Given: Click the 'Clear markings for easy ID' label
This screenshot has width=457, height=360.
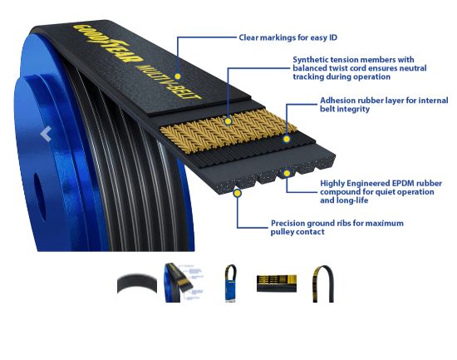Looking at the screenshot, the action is pyautogui.click(x=288, y=37).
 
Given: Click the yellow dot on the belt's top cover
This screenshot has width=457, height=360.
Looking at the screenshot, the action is pyautogui.click(x=178, y=76).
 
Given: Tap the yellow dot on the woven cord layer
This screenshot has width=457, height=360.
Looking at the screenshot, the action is pyautogui.click(x=228, y=121).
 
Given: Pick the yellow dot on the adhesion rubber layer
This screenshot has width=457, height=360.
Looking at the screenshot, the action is pyautogui.click(x=287, y=139).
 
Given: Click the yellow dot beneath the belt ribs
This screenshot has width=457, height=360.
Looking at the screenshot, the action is pyautogui.click(x=238, y=193).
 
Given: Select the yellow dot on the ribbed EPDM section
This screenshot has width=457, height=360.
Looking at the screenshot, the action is pyautogui.click(x=287, y=174).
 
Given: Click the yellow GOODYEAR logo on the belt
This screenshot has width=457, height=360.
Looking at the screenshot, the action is pyautogui.click(x=108, y=43).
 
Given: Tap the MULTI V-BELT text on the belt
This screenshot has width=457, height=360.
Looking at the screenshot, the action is pyautogui.click(x=169, y=81).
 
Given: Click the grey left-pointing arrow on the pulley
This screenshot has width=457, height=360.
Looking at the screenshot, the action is pyautogui.click(x=46, y=134).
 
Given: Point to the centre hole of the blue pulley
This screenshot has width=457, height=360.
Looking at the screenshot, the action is pyautogui.click(x=40, y=197).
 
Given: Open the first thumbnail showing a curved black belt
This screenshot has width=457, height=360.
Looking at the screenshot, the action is pyautogui.click(x=137, y=284).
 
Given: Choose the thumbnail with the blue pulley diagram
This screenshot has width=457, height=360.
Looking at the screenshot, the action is pyautogui.click(x=184, y=283).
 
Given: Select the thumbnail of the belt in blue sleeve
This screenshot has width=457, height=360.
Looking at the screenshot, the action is pyautogui.click(x=230, y=284).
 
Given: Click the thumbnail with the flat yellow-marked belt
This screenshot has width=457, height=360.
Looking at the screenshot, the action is pyautogui.click(x=277, y=284).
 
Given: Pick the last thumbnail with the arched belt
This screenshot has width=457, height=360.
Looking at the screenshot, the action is pyautogui.click(x=323, y=284).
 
